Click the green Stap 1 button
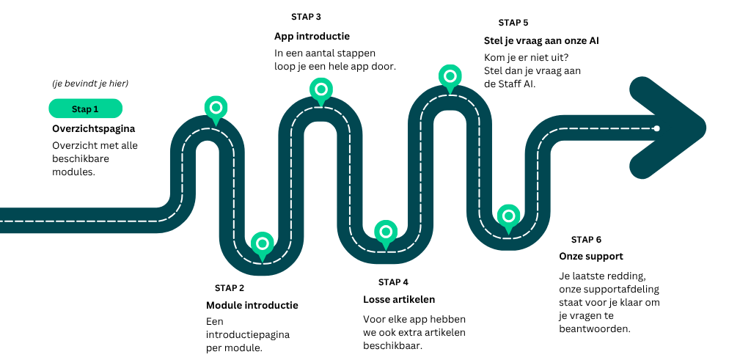coord(85,109)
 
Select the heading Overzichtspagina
coord(94,128)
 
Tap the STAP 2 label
coord(230,288)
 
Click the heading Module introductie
coord(252,305)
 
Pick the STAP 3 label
coord(306,16)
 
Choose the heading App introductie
coord(312,36)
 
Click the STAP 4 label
coord(393,282)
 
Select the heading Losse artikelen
coord(399,299)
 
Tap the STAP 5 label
coord(513,23)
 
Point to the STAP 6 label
coord(586,240)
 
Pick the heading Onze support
coord(591,257)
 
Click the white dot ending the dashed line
coord(656,128)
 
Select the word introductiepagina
coord(248,334)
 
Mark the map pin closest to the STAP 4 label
coord(386,232)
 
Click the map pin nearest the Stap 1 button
coord(215,108)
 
